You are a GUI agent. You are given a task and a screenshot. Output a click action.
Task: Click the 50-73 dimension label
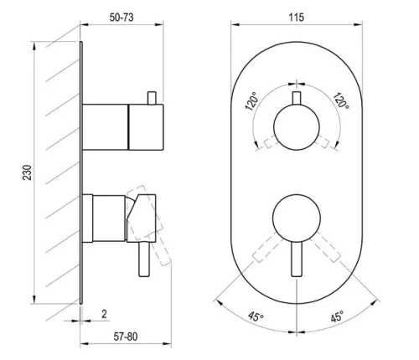point(122,18)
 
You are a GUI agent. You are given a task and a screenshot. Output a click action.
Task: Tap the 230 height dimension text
point(28,172)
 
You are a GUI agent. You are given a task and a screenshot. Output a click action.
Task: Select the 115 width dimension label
point(296,18)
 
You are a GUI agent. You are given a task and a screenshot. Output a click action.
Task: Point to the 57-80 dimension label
point(126,337)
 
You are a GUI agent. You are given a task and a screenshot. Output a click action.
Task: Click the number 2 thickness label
point(104,314)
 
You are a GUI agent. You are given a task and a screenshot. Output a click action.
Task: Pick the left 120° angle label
point(251,100)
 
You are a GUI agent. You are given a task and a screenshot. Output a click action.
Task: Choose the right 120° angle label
point(340,100)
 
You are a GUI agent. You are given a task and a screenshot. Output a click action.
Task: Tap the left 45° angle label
point(256,316)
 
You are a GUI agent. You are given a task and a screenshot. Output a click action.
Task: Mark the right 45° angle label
point(337,317)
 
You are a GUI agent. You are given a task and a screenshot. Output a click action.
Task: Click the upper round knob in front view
point(297,127)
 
